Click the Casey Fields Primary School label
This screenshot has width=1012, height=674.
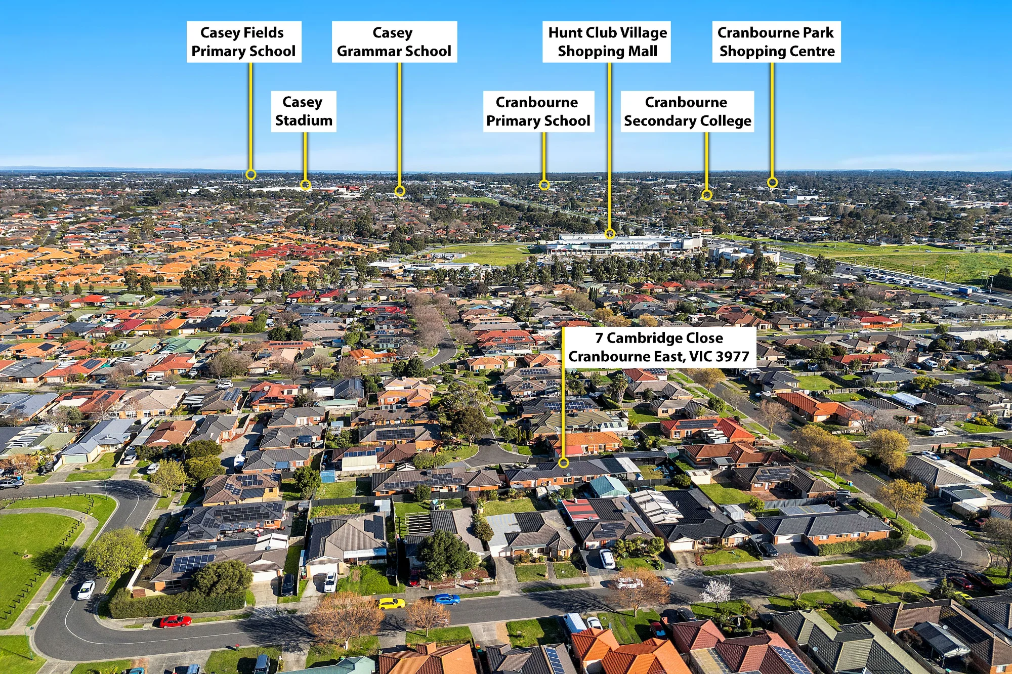coord(244,42)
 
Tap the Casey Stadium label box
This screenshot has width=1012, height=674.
coord(304,111)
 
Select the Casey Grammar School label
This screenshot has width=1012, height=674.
coord(394,42)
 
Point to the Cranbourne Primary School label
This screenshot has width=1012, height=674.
coord(538,111)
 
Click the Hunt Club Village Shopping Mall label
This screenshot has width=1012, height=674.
coord(607,42)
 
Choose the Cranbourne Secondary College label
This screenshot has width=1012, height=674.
coord(687,111)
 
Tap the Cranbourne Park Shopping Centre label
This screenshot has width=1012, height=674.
coord(776,42)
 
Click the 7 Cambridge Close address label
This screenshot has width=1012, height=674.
coord(659,347)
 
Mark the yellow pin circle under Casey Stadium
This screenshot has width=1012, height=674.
coord(305,185)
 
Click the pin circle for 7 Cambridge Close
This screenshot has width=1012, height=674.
coord(563,462)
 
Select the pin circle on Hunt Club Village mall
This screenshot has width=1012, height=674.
coord(610,234)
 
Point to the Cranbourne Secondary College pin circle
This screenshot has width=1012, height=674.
coord(706,195)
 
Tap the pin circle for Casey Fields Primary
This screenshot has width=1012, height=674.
coord(250,175)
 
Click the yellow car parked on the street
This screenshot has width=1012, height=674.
coord(392,603)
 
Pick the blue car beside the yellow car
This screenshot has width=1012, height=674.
coord(446,600)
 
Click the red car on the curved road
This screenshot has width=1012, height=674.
coord(175,621)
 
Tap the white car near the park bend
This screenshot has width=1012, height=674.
coord(86,590)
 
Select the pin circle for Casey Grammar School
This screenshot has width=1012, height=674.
coord(400,191)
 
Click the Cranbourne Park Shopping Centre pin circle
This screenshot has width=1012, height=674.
coord(772,182)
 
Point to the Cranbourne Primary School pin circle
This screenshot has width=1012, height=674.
coord(544,185)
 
